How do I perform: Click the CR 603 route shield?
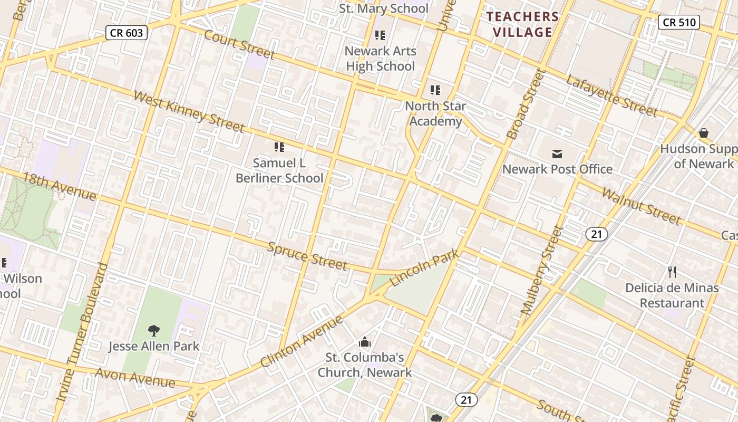click(x=127, y=33)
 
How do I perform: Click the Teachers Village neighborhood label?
click(x=522, y=24)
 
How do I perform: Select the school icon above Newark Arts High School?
click(x=380, y=35)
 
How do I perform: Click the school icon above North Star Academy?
click(x=435, y=90)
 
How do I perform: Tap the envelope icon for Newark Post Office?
click(x=557, y=154)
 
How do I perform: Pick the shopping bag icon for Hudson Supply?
click(x=703, y=133)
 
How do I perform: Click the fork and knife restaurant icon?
click(x=672, y=272)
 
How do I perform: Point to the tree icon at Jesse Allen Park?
click(x=153, y=331)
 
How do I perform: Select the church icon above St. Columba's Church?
click(x=365, y=342)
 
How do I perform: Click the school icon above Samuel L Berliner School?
click(x=279, y=147)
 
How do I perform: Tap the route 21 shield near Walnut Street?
click(x=596, y=234)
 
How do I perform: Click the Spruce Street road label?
click(x=307, y=256)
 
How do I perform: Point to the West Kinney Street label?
click(x=189, y=111)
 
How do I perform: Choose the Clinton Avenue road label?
click(x=302, y=341)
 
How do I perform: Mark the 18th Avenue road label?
click(x=60, y=187)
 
